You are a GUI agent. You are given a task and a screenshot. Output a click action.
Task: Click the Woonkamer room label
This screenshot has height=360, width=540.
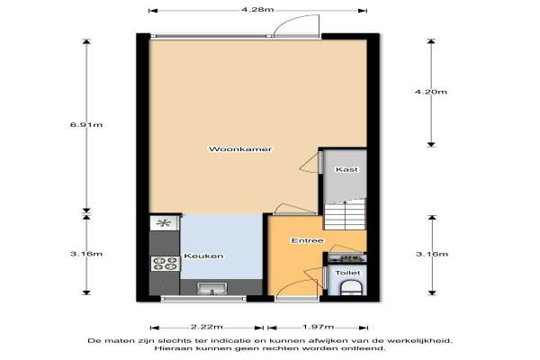(240, 149)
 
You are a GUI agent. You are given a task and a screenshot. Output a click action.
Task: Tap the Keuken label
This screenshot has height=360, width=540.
(203, 256)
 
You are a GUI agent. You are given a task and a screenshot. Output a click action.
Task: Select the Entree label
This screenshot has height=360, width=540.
(307, 240)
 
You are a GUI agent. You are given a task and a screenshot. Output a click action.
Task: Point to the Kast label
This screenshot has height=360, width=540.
(346, 169)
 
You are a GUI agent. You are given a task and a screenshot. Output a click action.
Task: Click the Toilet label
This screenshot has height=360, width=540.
(347, 273)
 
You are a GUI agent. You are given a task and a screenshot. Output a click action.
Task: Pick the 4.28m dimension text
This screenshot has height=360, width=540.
(257, 10)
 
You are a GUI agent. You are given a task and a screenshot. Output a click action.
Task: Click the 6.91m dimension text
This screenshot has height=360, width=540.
(86, 125)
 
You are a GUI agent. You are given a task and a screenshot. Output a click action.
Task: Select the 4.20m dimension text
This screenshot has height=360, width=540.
(430, 92)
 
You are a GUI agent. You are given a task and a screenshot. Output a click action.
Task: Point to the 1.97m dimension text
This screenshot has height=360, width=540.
(318, 327)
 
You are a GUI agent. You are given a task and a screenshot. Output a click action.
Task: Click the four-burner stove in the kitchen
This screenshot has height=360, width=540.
(166, 264)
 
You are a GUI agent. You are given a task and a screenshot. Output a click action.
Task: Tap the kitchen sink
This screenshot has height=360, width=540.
(212, 289)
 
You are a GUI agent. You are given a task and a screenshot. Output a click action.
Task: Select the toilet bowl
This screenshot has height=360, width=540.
(351, 289)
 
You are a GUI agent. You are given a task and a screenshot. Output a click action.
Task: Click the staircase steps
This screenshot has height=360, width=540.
(345, 216)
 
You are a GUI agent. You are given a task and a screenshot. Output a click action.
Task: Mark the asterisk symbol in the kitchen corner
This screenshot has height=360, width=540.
(163, 223)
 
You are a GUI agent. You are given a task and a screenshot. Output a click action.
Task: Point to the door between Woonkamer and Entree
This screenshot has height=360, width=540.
(295, 209)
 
